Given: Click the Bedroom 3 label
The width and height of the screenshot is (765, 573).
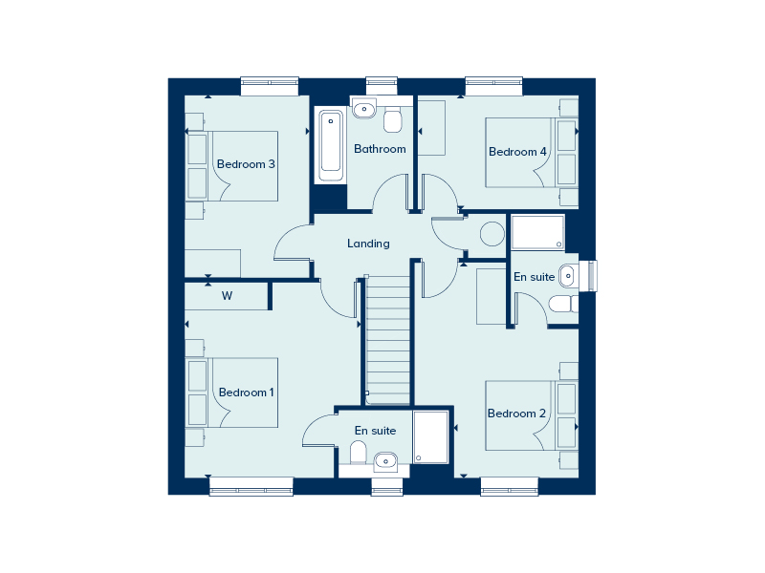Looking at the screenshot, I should point(246,164).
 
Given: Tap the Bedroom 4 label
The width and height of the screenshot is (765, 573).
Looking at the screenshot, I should point(517,152).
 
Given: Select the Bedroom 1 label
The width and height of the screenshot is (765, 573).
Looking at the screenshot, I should point(246,393).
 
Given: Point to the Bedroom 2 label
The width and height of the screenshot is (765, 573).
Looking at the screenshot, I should point(516,414).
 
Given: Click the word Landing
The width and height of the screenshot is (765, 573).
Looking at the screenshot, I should point(368,244).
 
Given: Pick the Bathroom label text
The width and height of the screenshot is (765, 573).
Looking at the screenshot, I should point(380,149).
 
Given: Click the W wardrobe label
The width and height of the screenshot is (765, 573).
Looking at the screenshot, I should point(228,296).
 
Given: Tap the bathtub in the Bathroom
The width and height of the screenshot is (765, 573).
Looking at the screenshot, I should point(331,144).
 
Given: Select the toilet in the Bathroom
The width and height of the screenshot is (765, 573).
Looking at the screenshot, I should point(392,120).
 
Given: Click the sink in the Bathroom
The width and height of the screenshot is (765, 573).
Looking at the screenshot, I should point(364,110).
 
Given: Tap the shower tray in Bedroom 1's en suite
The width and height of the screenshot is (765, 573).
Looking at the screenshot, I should point(431,436).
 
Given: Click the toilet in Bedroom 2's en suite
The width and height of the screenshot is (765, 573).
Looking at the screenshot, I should point(562,304).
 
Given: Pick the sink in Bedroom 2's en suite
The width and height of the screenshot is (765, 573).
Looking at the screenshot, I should point(568,275).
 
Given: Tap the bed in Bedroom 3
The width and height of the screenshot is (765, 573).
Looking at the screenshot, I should point(244,166).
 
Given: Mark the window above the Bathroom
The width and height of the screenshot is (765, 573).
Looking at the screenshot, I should point(382,85).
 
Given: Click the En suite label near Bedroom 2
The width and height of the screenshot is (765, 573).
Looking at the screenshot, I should point(534,277).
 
